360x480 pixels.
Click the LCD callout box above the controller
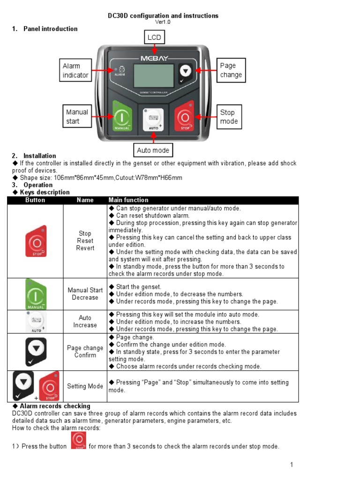point(154,37)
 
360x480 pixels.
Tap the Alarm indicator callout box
point(75,70)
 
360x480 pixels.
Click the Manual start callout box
point(76,117)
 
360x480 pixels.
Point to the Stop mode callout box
point(229,117)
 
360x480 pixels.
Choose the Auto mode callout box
point(153,150)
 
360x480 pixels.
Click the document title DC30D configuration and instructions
point(163,16)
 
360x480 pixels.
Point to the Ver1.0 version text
point(163,22)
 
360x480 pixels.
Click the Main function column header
point(128,200)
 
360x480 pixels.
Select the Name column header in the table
point(85,200)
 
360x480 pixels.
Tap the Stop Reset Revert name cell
point(85,241)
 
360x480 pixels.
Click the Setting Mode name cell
point(85,386)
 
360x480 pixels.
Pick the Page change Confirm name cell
point(85,352)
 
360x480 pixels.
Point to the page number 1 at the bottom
point(291,465)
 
